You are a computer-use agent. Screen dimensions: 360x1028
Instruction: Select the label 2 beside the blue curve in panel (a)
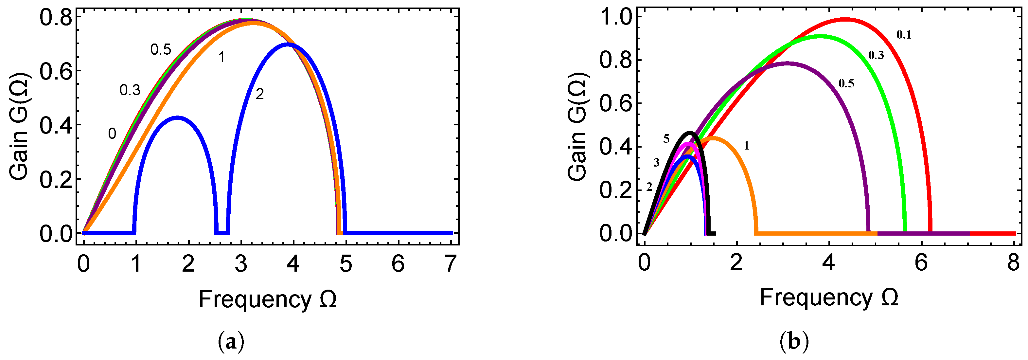259,95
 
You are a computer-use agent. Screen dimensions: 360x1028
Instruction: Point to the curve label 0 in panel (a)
112,134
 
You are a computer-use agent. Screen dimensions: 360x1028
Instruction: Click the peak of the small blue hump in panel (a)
177,117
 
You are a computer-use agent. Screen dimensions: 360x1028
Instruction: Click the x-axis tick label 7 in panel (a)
451,264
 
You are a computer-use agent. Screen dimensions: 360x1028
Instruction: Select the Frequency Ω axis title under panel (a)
267,299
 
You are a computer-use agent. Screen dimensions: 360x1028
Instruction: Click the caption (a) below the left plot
231,342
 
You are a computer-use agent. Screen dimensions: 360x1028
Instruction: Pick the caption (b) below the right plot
794,342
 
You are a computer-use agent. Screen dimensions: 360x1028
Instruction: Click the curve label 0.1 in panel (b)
904,35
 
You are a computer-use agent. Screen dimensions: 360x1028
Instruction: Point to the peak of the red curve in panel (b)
845,19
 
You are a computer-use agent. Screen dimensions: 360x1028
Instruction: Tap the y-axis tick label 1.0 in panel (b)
616,18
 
